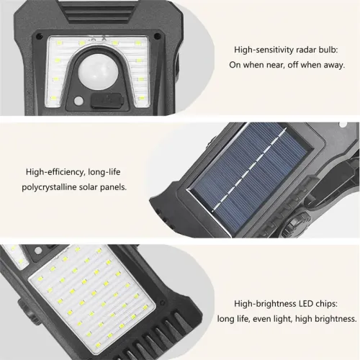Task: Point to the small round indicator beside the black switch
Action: pyautogui.click(x=77, y=99)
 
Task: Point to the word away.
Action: pyautogui.click(x=332, y=65)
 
